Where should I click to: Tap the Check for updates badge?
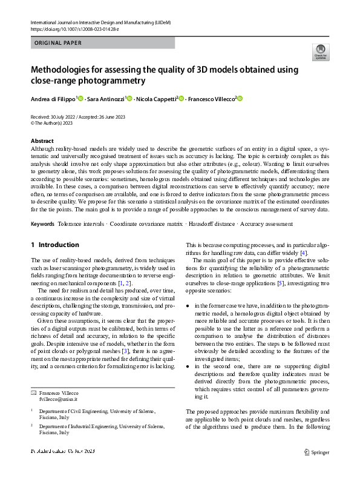click(x=319, y=53)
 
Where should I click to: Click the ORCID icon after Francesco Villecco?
click(x=241, y=97)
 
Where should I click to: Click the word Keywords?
click(x=42, y=224)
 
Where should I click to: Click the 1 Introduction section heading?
click(x=55, y=245)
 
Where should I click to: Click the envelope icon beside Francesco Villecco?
click(x=34, y=393)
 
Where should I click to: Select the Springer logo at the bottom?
click(x=316, y=452)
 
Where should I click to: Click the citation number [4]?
click(x=304, y=253)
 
